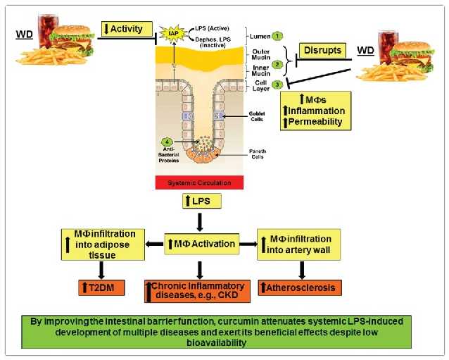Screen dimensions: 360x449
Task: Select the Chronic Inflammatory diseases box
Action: (x=197, y=290)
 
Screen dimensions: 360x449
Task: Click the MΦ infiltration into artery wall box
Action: (x=298, y=244)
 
